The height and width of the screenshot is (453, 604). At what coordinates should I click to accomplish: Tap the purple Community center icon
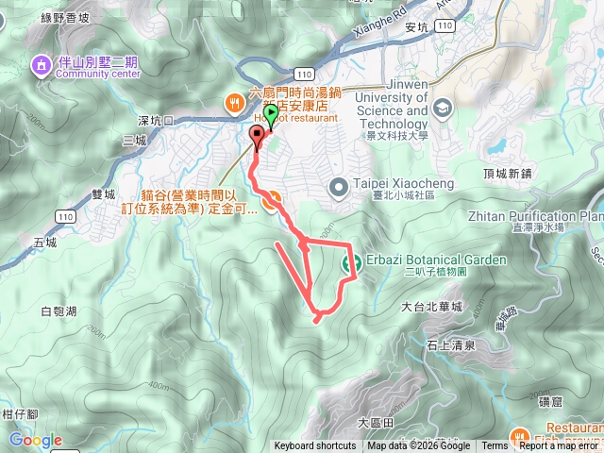click(x=42, y=65)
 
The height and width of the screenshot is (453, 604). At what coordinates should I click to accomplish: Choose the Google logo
click(x=35, y=440)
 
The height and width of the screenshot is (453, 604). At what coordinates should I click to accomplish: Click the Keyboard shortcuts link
click(x=315, y=446)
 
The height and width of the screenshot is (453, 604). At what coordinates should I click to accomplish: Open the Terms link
click(x=495, y=446)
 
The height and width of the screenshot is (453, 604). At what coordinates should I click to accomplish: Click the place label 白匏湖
click(x=59, y=310)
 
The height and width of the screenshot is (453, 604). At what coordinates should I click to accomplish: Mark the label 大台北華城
click(x=431, y=307)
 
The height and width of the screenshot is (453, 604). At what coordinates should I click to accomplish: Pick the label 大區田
click(x=374, y=420)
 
